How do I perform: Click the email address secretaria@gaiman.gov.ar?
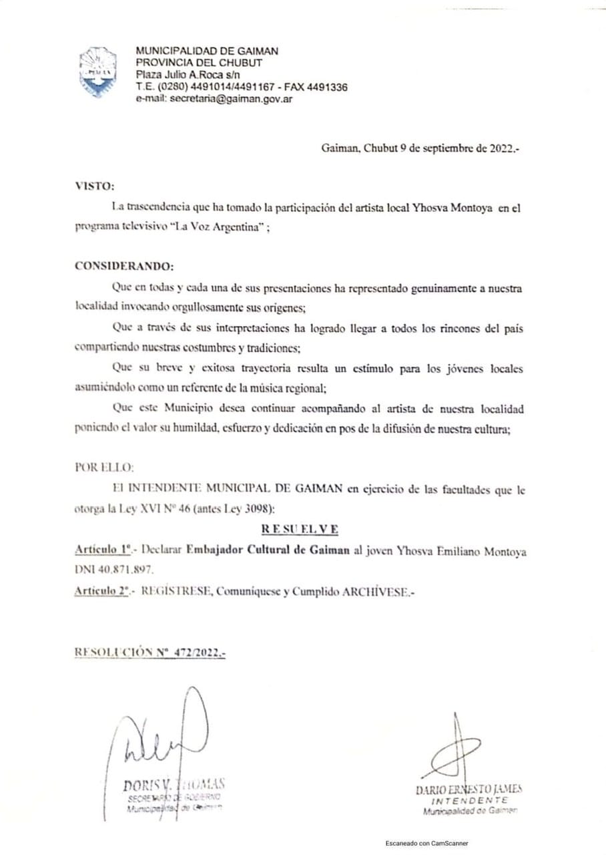click(x=231, y=98)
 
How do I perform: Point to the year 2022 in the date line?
click(x=501, y=150)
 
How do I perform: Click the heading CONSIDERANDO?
click(x=124, y=266)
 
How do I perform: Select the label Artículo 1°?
click(x=101, y=552)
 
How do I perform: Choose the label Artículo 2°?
click(x=101, y=592)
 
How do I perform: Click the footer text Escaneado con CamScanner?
click(x=426, y=843)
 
